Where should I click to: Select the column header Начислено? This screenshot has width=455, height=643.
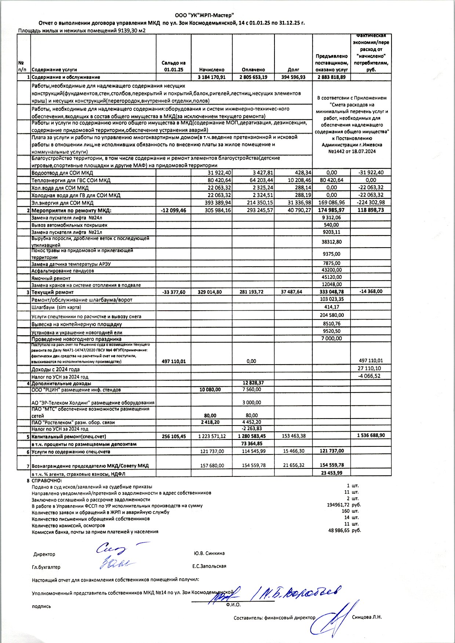(211, 69)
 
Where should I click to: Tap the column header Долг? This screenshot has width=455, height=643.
(293, 69)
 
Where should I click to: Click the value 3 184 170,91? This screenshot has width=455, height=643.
(211, 77)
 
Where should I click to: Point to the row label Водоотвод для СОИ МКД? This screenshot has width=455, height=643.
(62, 173)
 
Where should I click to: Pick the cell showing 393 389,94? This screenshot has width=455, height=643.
(219, 202)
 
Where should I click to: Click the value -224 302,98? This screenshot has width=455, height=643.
(371, 202)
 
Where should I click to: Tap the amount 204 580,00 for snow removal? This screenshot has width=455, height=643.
(331, 315)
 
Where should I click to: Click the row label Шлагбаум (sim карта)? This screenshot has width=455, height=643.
(56, 307)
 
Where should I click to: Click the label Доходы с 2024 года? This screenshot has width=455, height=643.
(55, 369)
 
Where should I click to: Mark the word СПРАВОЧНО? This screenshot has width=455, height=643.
(47, 480)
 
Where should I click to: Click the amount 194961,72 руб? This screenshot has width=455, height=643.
(343, 505)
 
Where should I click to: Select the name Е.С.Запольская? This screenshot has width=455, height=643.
(209, 566)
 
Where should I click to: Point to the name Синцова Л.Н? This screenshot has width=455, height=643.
(367, 617)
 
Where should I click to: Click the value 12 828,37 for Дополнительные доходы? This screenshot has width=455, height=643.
(253, 383)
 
